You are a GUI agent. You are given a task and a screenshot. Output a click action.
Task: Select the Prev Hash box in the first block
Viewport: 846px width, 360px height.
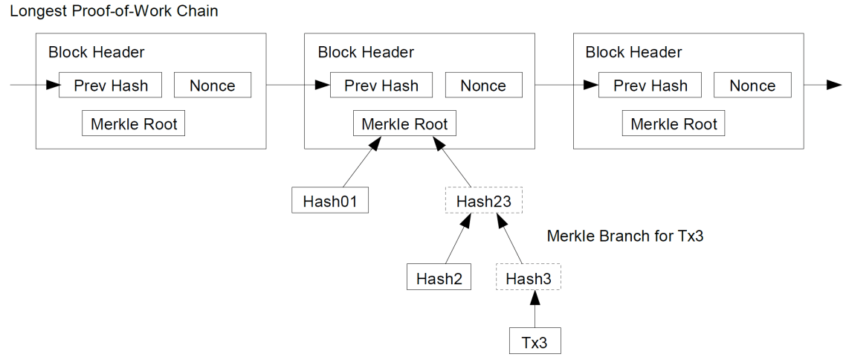(111, 86)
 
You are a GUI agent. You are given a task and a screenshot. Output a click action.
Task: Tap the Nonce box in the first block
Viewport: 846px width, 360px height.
(213, 86)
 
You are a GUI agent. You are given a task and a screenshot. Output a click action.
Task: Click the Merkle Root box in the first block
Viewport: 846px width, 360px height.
(134, 124)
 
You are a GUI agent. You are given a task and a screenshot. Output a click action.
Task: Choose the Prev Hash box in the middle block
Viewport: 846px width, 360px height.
(381, 86)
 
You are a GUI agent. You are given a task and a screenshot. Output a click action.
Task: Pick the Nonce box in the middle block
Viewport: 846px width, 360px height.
(482, 86)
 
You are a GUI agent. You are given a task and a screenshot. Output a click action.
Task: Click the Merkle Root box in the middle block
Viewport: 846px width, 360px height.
(404, 124)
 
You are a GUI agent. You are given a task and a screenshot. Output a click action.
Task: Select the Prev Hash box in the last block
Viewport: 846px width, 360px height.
(650, 86)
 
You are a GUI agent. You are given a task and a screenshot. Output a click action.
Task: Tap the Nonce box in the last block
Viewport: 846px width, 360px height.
(752, 86)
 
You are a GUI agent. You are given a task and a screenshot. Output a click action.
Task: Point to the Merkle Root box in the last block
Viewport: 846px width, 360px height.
(674, 124)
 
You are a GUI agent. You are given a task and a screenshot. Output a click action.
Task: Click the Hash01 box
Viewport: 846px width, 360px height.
(330, 200)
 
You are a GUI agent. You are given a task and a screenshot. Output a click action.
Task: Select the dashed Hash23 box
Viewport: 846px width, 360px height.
(483, 200)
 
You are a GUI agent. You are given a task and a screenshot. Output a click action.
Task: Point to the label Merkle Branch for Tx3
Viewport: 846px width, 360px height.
(624, 237)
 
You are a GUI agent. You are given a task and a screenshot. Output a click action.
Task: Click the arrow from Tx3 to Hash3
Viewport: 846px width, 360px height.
(535, 309)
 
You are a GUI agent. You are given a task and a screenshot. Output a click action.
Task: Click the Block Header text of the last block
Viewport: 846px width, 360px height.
(633, 53)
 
